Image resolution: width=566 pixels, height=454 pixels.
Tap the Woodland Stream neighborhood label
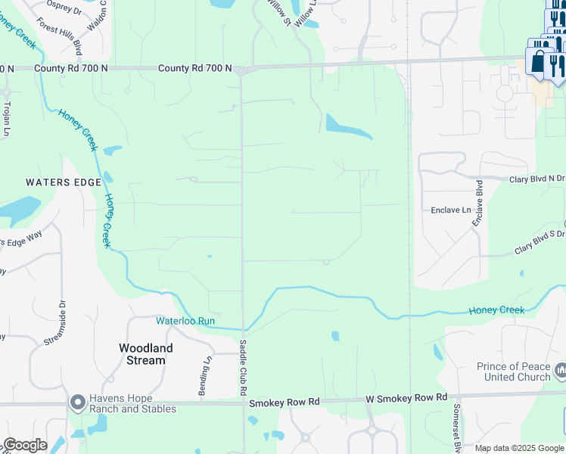pos(146,353)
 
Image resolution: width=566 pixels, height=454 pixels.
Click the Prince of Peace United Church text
pos(513,372)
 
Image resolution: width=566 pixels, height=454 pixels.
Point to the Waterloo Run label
pos(186,321)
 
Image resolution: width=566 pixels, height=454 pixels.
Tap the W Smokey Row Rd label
pos(406,397)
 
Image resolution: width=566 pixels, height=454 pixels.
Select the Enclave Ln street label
pos(450,210)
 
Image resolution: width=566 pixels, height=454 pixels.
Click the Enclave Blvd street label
pos(478,203)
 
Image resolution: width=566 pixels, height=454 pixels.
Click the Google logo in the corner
pos(25,445)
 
